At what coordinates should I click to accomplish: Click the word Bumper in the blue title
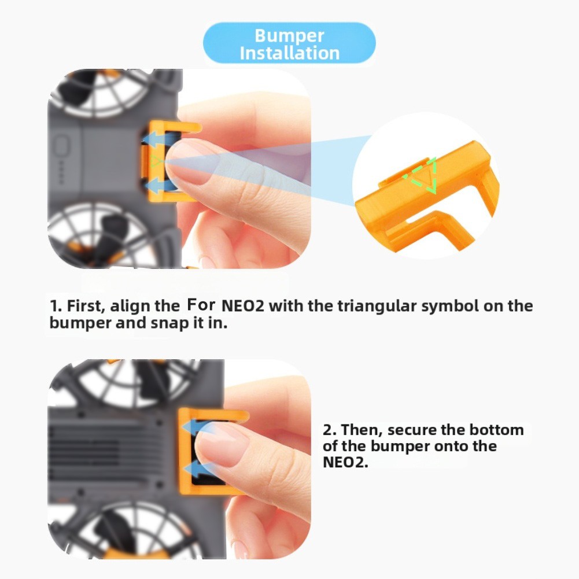tap(289, 36)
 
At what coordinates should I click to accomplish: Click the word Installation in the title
tap(289, 53)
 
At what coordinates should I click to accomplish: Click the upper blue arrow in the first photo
tap(158, 139)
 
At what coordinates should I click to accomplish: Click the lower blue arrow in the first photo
tap(159, 184)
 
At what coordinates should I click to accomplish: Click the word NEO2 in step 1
tap(242, 306)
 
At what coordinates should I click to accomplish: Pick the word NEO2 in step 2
tap(345, 462)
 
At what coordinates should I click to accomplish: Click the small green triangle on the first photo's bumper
tap(155, 161)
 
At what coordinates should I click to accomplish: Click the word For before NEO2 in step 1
tap(201, 305)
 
